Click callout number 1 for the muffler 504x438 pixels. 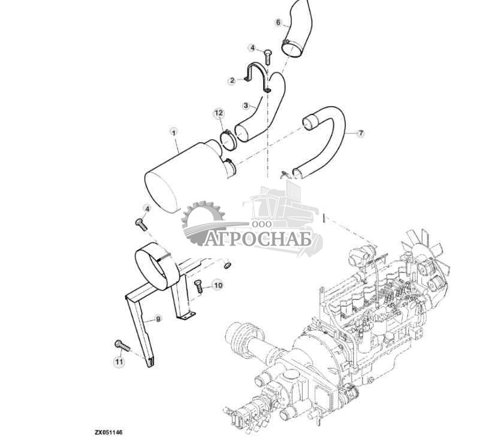point(174,132)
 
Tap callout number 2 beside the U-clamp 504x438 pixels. point(232,80)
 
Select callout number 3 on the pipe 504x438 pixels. point(246,105)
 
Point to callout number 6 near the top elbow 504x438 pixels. point(278,23)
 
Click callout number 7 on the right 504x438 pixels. point(361,132)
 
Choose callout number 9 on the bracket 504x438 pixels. point(158,319)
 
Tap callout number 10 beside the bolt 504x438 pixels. point(218,285)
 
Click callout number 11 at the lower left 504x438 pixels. point(119,362)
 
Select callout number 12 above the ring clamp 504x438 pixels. point(219,113)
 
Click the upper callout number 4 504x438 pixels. point(252,48)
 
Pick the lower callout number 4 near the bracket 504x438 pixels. point(147,209)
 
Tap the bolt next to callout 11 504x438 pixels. point(122,346)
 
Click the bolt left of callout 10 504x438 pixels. point(198,286)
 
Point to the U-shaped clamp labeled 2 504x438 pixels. point(258,77)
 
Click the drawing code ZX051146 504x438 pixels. point(108,432)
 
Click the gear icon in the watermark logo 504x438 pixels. point(203,223)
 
